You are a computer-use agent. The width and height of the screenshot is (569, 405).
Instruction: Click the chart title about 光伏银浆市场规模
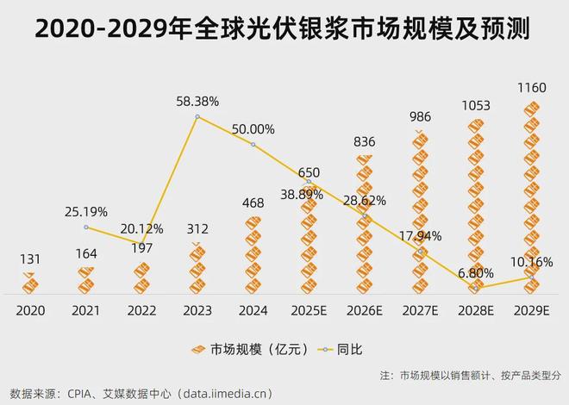point(284,28)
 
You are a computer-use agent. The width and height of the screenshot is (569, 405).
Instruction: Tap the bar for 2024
point(253,255)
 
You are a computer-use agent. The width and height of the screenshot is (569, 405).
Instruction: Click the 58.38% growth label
point(198,101)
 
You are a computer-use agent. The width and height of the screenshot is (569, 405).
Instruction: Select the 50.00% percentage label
point(253,129)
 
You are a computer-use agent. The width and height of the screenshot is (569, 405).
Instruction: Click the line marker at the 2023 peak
point(197,116)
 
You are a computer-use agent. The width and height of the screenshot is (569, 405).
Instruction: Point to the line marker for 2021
point(86,227)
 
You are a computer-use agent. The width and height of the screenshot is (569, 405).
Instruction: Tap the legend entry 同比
point(341,349)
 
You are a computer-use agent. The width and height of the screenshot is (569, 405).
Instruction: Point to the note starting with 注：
point(470,376)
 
